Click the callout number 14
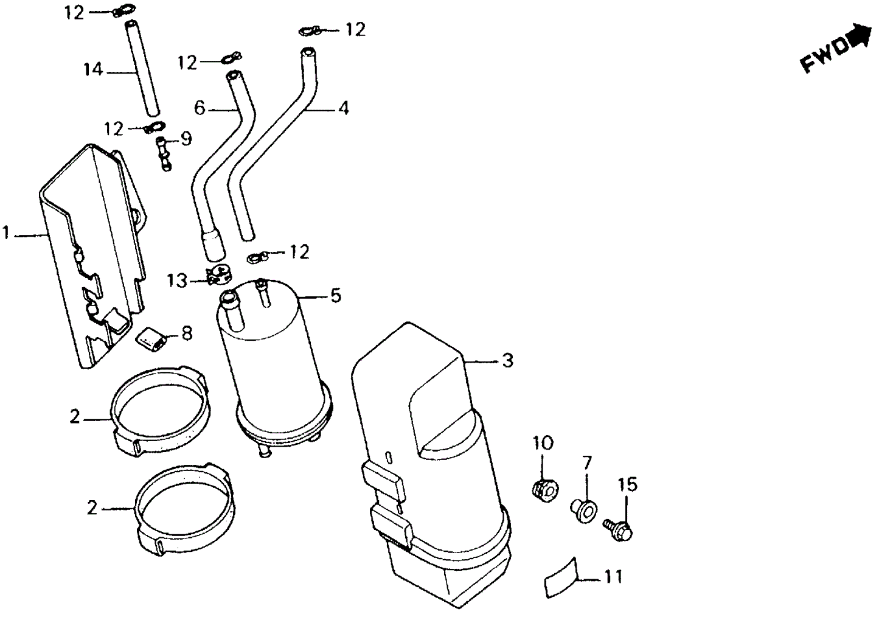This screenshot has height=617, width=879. coord(93,70)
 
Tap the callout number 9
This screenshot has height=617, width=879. coord(186,139)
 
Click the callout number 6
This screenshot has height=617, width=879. coord(200,108)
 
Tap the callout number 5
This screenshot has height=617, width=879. coord(335,296)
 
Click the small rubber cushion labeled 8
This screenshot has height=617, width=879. coord(151,338)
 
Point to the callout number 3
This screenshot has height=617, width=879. coord(507,360)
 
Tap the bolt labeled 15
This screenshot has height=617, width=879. coord(619,529)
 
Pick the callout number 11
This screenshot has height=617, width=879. coord(613,576)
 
